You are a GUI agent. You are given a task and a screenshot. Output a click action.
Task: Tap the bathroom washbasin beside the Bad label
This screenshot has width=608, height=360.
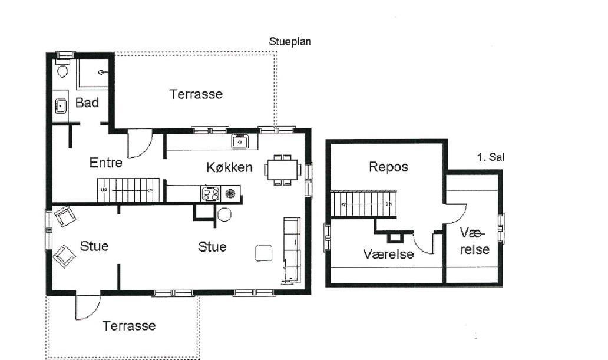(61, 105)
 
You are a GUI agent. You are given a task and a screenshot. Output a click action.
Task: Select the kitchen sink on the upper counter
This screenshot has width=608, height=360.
(240, 142)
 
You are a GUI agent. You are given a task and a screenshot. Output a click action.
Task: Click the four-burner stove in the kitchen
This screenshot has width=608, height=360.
(210, 194)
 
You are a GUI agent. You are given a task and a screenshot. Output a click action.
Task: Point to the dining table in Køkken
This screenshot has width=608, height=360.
(283, 170)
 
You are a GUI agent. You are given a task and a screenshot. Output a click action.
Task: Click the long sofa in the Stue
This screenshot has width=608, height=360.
(292, 250)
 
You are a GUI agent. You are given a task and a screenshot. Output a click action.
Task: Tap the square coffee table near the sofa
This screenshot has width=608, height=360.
(264, 253)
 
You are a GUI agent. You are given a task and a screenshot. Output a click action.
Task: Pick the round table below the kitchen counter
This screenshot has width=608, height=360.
(224, 214)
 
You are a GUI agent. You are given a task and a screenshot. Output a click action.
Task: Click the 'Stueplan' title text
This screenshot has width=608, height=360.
(290, 41)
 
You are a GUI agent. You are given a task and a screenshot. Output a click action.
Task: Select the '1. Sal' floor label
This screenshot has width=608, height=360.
(491, 157)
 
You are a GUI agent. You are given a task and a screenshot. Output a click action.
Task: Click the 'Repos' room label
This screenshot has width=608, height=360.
(388, 167)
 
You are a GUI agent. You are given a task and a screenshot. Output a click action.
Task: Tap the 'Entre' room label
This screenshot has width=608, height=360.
(105, 163)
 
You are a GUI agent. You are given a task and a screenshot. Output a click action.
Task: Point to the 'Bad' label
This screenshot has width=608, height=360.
(87, 103)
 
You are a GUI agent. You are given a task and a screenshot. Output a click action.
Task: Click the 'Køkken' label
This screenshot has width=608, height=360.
(229, 167)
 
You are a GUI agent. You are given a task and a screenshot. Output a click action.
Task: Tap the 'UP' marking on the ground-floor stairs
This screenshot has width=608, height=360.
(104, 190)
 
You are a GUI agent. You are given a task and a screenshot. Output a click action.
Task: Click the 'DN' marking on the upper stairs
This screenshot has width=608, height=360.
(389, 204)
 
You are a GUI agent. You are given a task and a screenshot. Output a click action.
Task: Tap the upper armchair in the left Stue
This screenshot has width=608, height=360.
(65, 216)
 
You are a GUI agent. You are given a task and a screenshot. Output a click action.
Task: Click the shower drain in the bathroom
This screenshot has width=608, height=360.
(101, 72)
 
